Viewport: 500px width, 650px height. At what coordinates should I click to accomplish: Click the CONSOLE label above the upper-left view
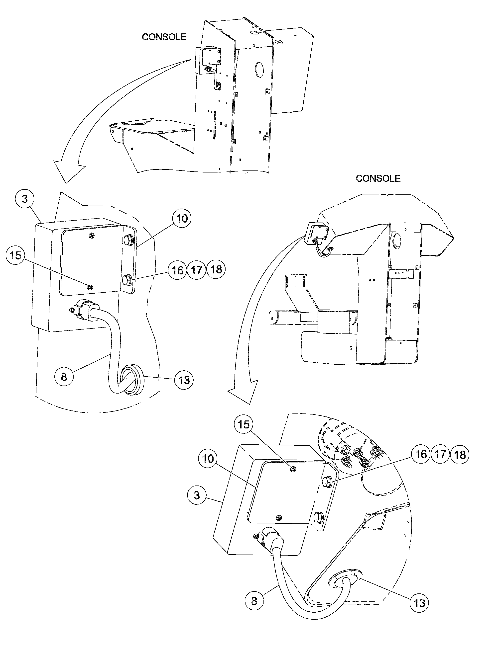[164, 37]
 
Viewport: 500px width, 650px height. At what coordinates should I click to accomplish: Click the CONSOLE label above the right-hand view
[378, 178]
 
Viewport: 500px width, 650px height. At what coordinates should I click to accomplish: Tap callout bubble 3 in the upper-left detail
[25, 199]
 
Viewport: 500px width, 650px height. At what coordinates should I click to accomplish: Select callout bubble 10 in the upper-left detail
[182, 219]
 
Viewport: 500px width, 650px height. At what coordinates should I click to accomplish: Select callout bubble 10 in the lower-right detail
[208, 459]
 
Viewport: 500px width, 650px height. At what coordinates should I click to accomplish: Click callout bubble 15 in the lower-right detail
[244, 424]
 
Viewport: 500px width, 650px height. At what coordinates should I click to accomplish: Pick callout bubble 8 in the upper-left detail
[64, 377]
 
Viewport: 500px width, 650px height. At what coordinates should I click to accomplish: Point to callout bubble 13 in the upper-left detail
[184, 380]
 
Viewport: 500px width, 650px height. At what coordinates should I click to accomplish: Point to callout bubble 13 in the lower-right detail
[419, 603]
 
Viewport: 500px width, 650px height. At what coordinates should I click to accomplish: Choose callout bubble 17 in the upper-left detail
[197, 270]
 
